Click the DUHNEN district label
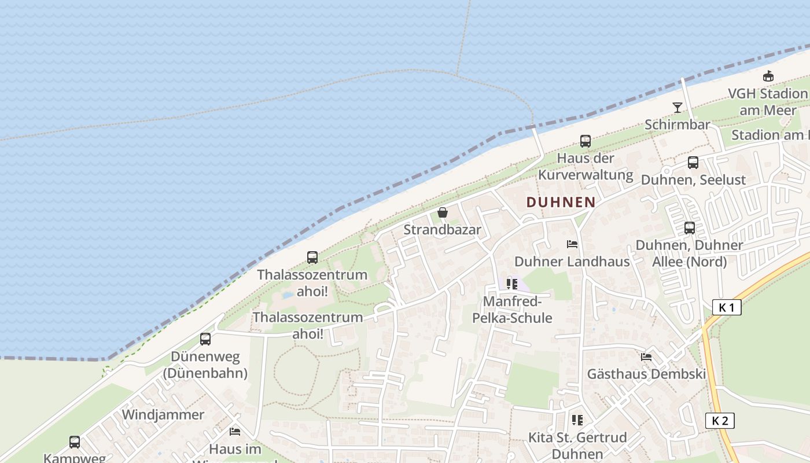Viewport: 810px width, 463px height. click(561, 202)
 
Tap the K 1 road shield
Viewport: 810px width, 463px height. click(727, 307)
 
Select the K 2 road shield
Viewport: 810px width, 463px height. click(720, 421)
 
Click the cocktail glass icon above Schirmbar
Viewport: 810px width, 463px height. click(677, 107)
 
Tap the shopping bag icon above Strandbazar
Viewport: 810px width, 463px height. click(443, 212)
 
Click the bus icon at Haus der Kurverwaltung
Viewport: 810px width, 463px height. click(586, 141)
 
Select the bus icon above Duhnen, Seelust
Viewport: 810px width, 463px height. click(693, 163)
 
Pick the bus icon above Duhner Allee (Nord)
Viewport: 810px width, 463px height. click(689, 227)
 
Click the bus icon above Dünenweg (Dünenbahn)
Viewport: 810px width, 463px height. click(205, 339)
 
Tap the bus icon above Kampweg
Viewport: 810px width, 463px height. click(75, 442)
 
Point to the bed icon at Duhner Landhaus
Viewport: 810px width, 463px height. click(572, 244)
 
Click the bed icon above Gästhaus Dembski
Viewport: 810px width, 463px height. click(646, 357)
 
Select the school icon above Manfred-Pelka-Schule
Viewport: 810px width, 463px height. click(512, 284)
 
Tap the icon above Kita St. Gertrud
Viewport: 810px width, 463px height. click(577, 420)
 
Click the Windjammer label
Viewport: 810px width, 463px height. click(163, 415)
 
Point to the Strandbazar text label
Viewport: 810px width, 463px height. click(442, 230)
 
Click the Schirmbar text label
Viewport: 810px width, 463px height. click(677, 124)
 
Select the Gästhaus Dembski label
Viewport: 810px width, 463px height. click(646, 374)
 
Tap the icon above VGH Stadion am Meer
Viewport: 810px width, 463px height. click(768, 76)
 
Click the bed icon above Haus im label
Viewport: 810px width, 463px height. click(235, 432)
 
